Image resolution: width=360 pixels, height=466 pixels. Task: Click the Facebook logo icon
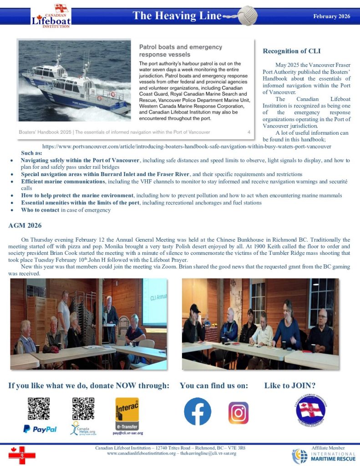197,411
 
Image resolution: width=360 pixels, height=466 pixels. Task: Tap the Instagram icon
238,413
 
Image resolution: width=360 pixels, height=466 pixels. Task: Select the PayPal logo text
40,429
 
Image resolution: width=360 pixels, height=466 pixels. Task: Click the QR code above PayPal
39,408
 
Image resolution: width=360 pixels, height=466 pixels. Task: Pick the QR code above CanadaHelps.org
83,408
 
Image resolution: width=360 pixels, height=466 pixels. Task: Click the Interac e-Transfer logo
127,413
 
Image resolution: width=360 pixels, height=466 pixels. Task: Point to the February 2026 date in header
332,16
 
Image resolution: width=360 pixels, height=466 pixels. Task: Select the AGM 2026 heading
26,225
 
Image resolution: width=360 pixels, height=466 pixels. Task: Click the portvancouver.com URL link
187,147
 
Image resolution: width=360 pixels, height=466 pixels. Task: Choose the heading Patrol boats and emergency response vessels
181,51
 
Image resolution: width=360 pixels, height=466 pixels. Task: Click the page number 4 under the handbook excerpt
249,132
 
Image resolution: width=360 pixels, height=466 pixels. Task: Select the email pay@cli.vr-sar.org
128,433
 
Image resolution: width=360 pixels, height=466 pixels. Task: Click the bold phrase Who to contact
40,210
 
